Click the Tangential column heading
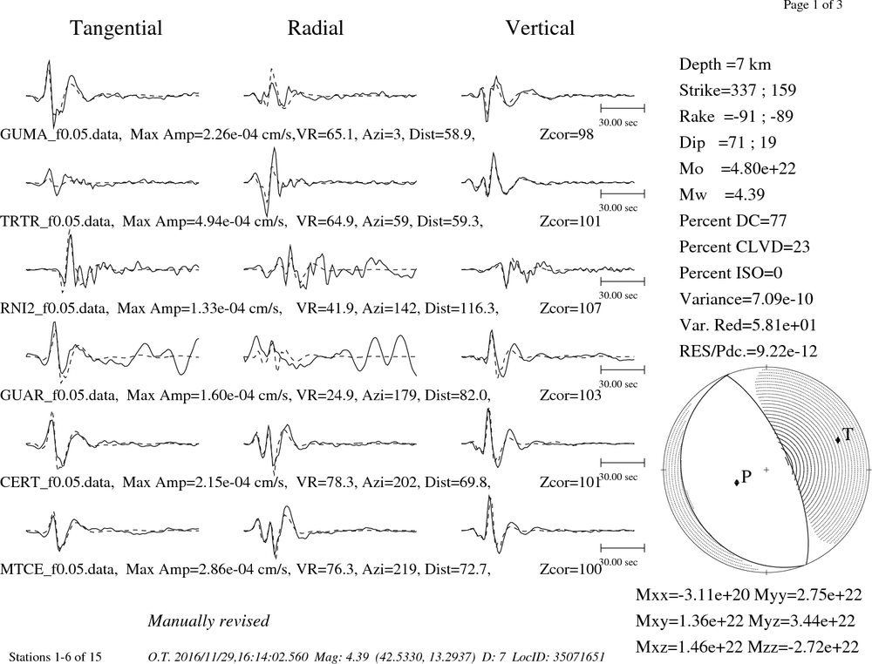click(x=116, y=29)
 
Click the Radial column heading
click(x=316, y=29)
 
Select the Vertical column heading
click(x=540, y=29)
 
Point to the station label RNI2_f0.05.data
click(x=54, y=308)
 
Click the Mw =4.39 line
click(x=722, y=194)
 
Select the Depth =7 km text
click(x=726, y=64)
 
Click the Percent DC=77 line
click(x=733, y=220)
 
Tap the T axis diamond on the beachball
click(x=838, y=440)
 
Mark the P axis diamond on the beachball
click(x=737, y=482)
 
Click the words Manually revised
click(x=208, y=620)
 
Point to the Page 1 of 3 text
click(x=813, y=5)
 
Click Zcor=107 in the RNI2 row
click(x=570, y=308)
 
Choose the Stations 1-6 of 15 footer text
click(x=56, y=657)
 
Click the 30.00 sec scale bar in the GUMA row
click(x=623, y=108)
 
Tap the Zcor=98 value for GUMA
click(x=567, y=135)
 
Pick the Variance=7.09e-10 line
click(x=746, y=299)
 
